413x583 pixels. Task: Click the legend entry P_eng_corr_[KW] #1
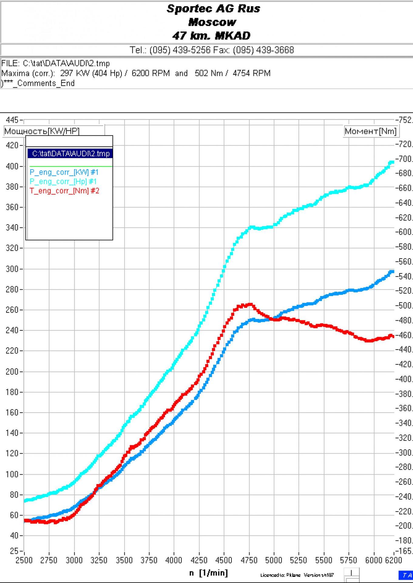click(64, 172)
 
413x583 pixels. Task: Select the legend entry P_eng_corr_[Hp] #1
click(63, 182)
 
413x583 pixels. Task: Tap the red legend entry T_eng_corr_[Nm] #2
click(64, 191)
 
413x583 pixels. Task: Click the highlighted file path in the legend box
click(70, 154)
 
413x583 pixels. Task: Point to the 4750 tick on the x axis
click(249, 560)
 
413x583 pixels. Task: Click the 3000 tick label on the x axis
click(74, 560)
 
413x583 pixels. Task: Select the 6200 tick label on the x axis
click(393, 560)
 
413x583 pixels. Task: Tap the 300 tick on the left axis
click(12, 269)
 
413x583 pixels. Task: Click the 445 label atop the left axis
click(12, 120)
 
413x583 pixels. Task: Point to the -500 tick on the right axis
click(404, 305)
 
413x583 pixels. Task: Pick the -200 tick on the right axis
click(404, 526)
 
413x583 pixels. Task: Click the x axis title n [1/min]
click(208, 573)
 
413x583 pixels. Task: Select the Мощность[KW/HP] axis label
click(42, 131)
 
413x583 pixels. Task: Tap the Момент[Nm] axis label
click(371, 131)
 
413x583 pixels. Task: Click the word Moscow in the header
click(212, 22)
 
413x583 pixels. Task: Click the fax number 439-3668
click(263, 50)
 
